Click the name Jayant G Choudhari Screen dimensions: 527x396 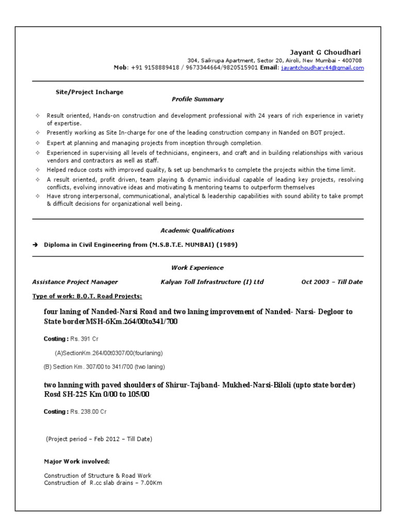[325, 52]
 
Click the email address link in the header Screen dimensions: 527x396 [322, 68]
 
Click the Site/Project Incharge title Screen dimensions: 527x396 [89, 92]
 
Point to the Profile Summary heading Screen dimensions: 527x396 [197, 99]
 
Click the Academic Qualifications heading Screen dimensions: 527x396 [197, 231]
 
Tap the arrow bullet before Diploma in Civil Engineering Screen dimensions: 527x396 [36, 245]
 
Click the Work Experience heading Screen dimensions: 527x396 [197, 268]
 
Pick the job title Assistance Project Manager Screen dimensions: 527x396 [75, 282]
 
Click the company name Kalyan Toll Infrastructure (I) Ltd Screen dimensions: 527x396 [212, 282]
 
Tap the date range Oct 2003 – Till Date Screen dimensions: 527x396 [332, 282]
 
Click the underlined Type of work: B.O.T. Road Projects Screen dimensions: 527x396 [87, 296]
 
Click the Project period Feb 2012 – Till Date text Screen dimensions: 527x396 [99, 439]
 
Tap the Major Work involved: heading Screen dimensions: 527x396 [77, 462]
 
